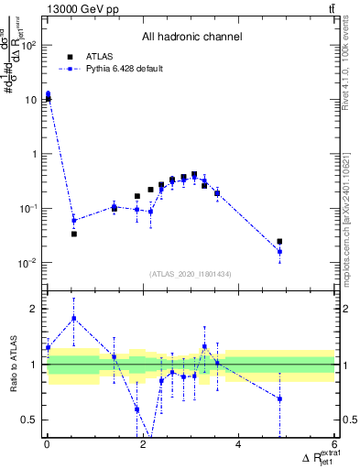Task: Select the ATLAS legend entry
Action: point(100,56)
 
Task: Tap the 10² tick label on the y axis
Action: point(31,45)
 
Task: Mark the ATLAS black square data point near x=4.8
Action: point(279,242)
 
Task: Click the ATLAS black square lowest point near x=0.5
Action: point(74,234)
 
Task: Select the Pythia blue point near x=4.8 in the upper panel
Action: point(279,251)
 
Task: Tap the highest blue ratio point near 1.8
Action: point(74,318)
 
